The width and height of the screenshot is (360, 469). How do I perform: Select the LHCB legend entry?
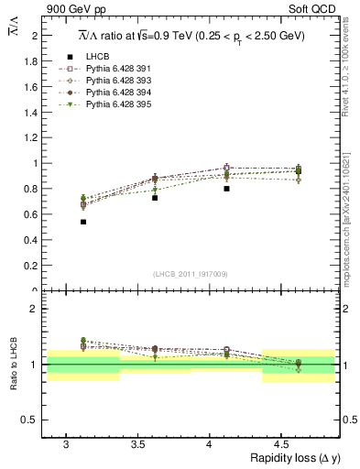(95, 57)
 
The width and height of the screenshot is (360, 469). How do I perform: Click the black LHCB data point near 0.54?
(83, 222)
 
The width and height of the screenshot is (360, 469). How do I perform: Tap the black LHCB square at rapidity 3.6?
(155, 198)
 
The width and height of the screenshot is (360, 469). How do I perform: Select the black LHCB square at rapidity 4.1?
(226, 189)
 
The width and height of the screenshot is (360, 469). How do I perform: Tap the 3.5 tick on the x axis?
(137, 444)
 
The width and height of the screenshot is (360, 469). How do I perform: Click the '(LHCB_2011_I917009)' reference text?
(191, 274)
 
